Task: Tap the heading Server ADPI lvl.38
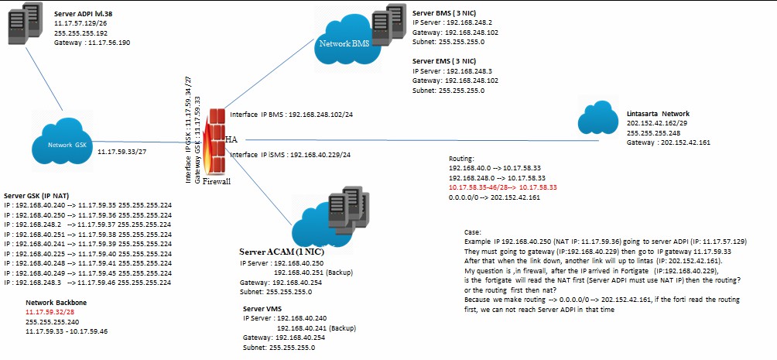pos(87,14)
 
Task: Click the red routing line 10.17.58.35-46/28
pos(503,187)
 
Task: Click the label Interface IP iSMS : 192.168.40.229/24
pos(290,155)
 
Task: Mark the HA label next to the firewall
pos(230,139)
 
